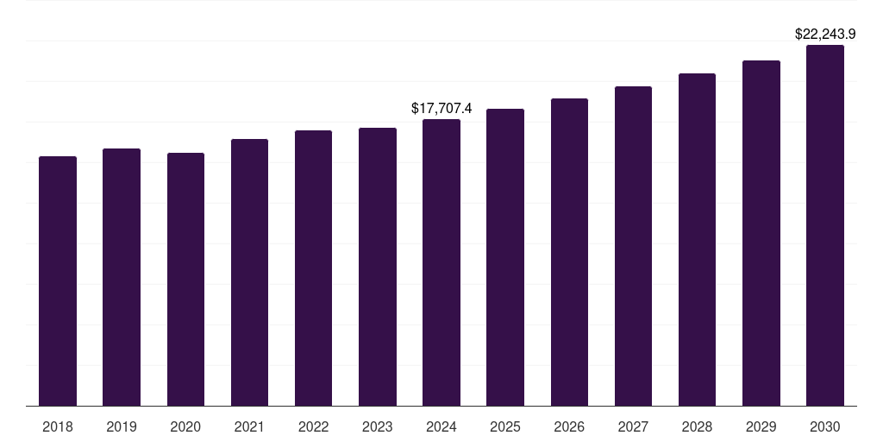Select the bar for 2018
[58, 281]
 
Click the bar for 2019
[122, 277]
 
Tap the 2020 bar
[185, 279]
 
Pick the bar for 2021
[249, 272]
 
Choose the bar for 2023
[378, 267]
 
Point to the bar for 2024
[441, 262]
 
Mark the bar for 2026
[569, 252]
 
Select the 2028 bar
[697, 239]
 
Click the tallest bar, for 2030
[824, 225]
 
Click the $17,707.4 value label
[441, 109]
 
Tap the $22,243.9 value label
[824, 35]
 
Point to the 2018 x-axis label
[58, 426]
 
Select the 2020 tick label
[185, 426]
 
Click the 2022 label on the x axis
[313, 426]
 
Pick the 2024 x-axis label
[441, 426]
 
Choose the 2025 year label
[505, 426]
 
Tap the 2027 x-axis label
[633, 426]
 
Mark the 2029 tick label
[761, 426]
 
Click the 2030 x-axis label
[824, 426]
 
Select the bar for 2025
[505, 257]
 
